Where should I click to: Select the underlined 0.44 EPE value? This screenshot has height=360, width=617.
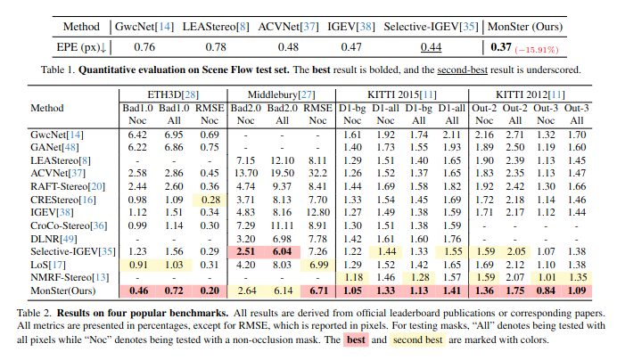point(432,46)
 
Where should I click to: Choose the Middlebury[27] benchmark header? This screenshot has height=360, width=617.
point(280,93)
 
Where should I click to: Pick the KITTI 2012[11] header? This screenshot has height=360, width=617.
point(535,93)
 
